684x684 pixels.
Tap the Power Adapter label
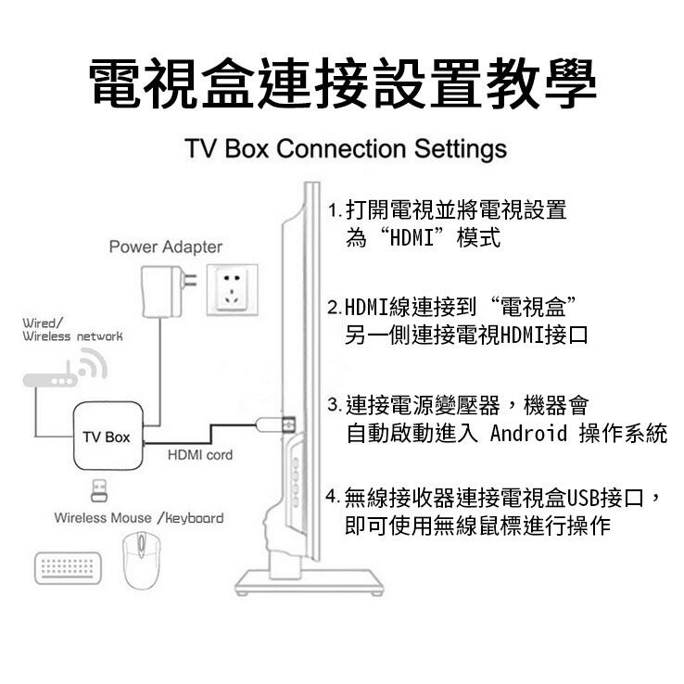click(x=166, y=247)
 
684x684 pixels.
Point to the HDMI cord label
click(x=200, y=455)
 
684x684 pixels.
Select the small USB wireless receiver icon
click(x=97, y=488)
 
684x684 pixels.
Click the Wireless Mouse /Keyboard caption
click(x=138, y=517)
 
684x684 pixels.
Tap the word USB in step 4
click(x=584, y=499)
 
